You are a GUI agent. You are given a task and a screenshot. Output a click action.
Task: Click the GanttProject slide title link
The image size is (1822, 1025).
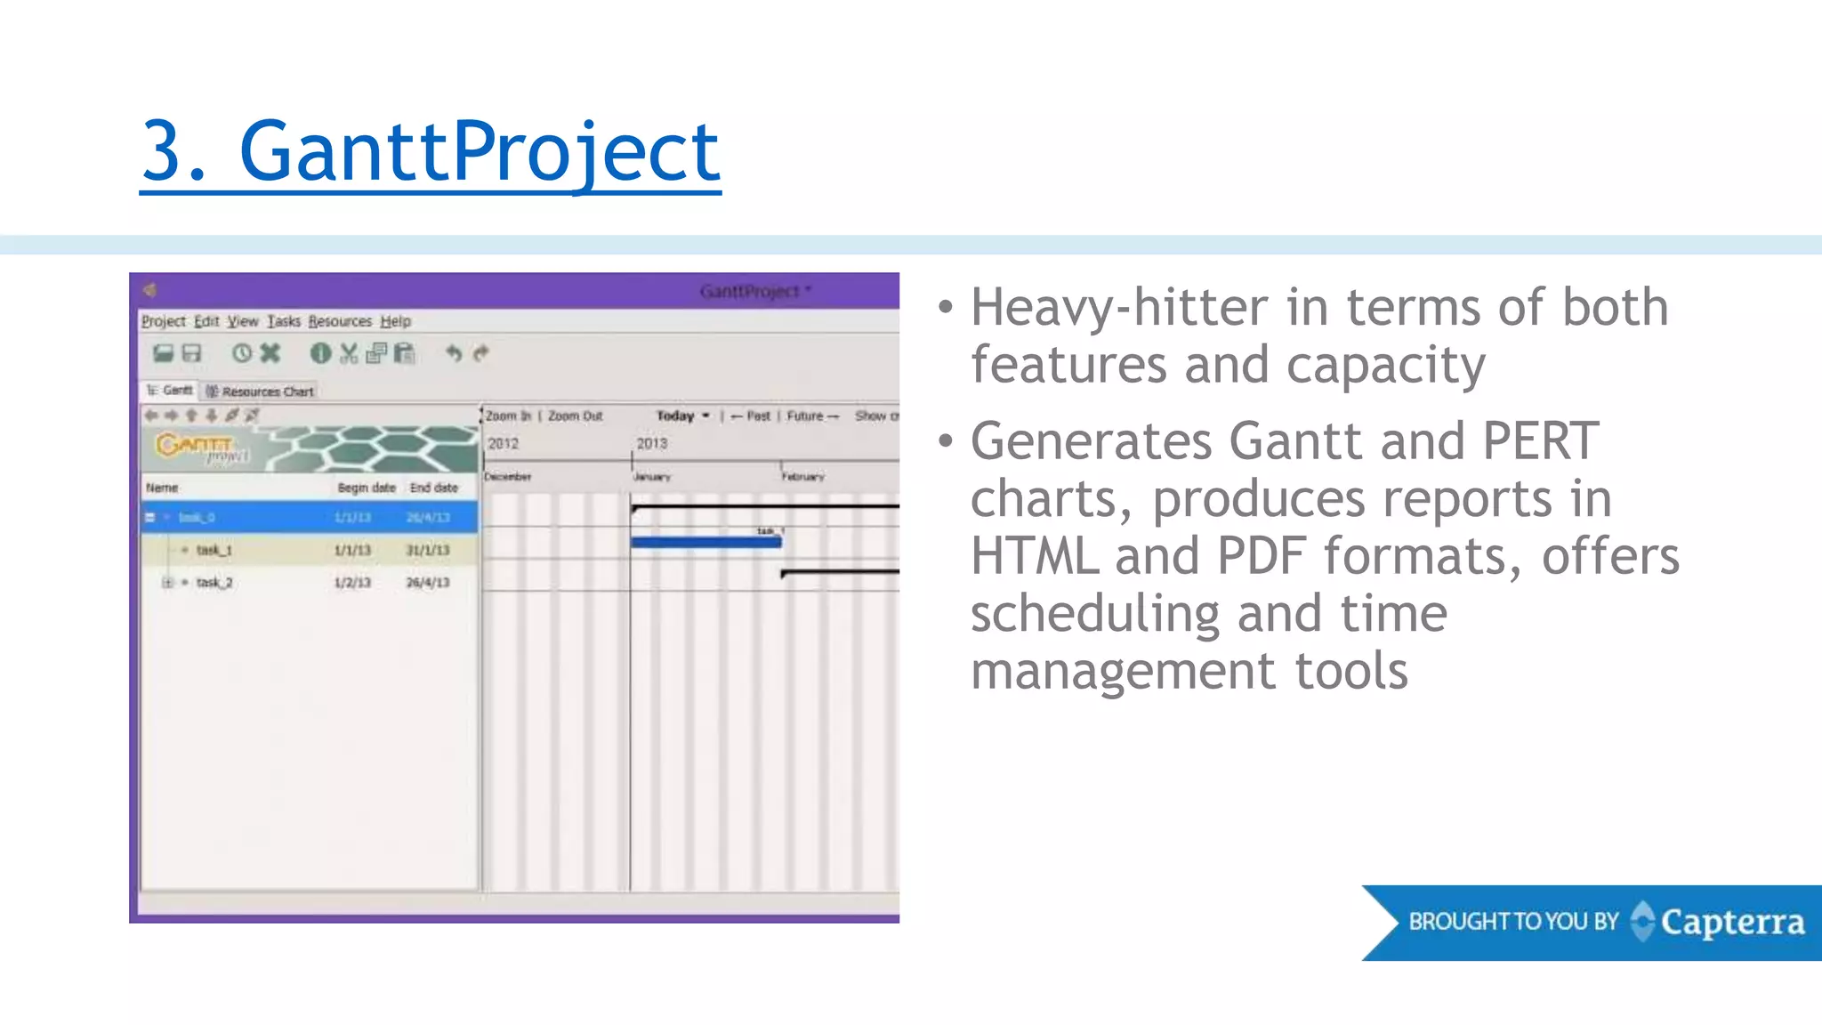[431, 152]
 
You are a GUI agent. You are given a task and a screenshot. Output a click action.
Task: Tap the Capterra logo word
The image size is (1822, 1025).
[1731, 923]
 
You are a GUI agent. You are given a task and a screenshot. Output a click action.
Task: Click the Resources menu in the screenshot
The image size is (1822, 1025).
[340, 321]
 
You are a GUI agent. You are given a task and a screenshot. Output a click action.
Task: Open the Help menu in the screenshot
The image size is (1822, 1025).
[395, 321]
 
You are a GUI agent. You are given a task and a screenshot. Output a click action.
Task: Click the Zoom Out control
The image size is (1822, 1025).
[575, 416]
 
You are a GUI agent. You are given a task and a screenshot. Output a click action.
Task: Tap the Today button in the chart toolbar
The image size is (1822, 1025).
[675, 416]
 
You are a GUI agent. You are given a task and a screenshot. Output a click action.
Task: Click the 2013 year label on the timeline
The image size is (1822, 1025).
[651, 443]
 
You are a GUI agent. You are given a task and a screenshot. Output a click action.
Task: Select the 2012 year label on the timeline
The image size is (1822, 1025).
[503, 443]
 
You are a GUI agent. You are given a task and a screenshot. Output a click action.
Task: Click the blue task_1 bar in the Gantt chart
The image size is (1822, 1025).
[705, 542]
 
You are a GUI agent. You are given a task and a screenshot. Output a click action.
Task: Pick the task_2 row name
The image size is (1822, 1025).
[214, 583]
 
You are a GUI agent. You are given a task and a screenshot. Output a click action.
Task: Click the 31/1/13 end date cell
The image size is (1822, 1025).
[428, 551]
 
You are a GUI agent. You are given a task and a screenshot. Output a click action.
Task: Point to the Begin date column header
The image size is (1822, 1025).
[366, 488]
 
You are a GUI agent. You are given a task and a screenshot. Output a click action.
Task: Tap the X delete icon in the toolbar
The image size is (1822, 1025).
[270, 353]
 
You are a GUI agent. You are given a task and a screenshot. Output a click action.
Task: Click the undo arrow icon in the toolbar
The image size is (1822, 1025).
[454, 353]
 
